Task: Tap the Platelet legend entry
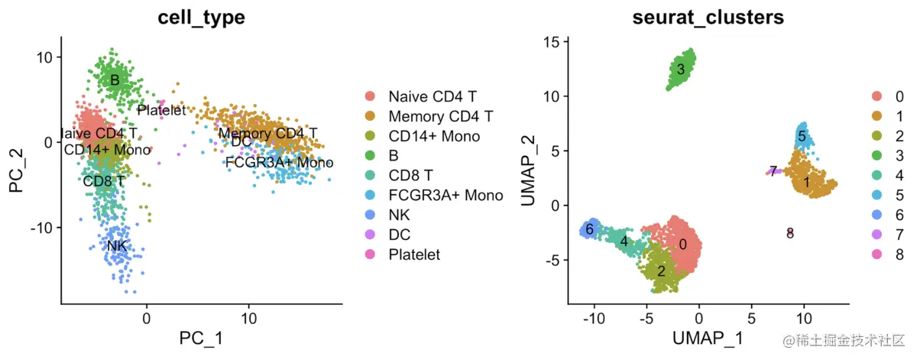413,255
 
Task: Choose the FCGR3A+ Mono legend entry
445,196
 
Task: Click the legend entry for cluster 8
899,254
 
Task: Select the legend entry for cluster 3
899,155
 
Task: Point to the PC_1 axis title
201,336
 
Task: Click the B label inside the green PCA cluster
115,79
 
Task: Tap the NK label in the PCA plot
117,245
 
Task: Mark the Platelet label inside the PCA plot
161,110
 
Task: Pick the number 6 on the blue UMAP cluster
589,229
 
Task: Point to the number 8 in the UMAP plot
790,233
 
